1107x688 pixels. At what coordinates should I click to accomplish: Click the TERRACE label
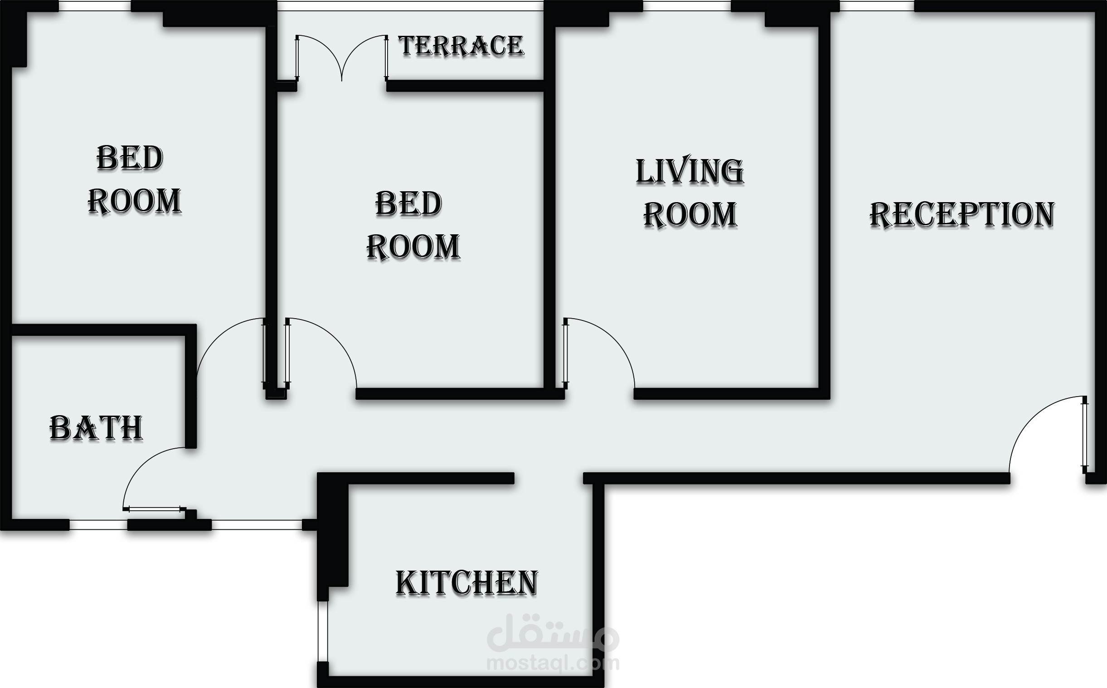click(461, 46)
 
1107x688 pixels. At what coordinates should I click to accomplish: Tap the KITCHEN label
click(467, 583)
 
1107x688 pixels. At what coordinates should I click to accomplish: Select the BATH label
click(96, 428)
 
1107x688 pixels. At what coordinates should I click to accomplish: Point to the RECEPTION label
click(962, 215)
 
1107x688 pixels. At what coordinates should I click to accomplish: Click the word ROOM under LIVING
click(690, 214)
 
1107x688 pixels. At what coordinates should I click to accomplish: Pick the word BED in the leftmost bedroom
click(130, 158)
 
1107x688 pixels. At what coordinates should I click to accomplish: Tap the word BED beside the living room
click(408, 203)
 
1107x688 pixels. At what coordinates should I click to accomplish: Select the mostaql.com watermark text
click(553, 664)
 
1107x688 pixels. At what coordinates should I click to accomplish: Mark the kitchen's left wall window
click(323, 632)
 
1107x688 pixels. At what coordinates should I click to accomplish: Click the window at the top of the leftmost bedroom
click(95, 6)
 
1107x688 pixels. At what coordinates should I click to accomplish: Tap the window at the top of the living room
click(687, 6)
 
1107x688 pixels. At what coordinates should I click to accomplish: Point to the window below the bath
click(98, 525)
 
